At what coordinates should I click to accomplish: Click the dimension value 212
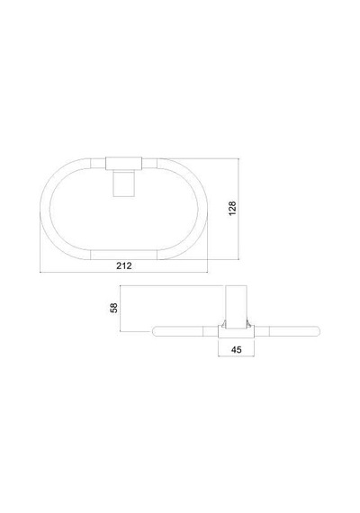tap(124, 265)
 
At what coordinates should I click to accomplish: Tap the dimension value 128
tap(232, 209)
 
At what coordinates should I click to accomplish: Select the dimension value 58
tap(114, 308)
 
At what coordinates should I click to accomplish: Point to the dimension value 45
tap(237, 350)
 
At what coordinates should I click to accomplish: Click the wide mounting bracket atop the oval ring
tap(123, 164)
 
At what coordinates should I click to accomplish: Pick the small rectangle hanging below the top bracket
tap(123, 184)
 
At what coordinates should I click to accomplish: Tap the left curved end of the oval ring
tap(45, 209)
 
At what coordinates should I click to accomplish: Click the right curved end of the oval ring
tap(202, 209)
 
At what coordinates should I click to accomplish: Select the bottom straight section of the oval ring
tap(123, 255)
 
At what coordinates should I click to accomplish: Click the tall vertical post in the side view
tap(236, 307)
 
